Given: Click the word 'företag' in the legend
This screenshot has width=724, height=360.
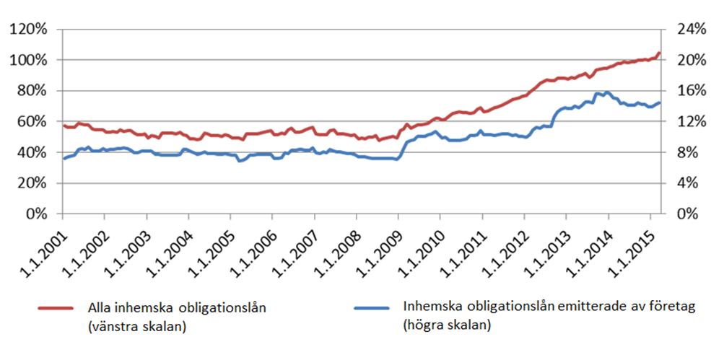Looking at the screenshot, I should coord(671,308).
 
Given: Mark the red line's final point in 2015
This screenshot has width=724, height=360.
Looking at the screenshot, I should coord(659,53).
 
